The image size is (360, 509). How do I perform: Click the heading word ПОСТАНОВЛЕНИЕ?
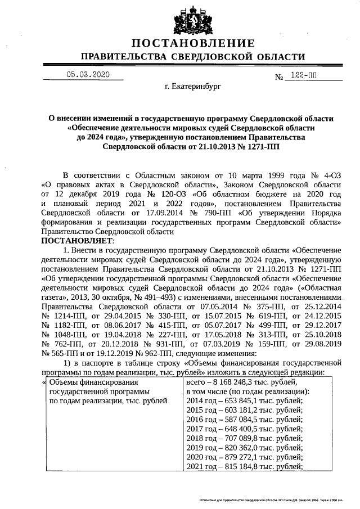193,44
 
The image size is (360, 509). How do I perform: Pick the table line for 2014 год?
244,401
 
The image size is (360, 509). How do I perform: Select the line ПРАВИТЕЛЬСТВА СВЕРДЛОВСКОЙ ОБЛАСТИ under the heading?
193,57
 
